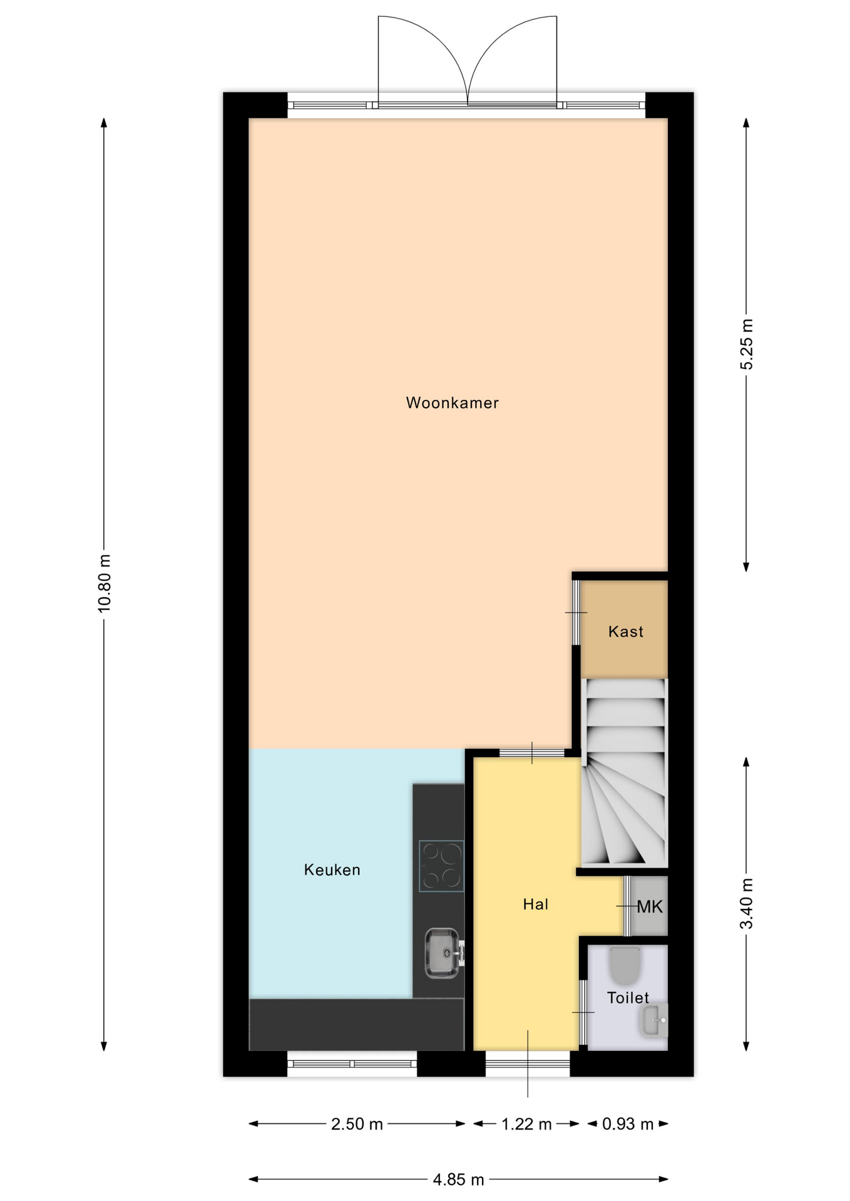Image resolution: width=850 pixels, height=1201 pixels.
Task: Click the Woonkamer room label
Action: pos(452,403)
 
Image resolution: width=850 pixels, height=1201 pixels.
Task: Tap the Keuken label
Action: pos(332,869)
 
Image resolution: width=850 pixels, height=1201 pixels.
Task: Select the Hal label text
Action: pos(535,904)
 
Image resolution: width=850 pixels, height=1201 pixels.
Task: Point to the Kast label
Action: pos(625,632)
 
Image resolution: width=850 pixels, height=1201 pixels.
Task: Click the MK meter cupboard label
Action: pos(649,906)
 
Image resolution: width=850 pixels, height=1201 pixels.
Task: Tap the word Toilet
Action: pos(628,998)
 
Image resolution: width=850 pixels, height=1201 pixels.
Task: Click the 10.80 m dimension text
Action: pos(105,583)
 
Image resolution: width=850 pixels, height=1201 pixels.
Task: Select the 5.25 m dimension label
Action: pos(747,344)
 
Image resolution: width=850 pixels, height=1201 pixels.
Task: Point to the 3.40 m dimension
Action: pos(747,904)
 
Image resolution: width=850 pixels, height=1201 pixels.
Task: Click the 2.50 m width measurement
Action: pos(357,1124)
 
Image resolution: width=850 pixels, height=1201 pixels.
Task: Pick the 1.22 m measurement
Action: pos(526,1124)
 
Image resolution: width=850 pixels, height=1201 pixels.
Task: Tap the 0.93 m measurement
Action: pos(628,1124)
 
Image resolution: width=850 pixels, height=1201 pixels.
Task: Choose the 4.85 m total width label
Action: pos(459,1180)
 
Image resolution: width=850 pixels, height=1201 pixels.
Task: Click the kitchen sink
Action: pos(444,953)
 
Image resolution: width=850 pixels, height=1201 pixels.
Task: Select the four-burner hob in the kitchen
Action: pos(441,866)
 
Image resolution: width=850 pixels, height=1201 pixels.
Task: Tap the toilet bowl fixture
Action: pos(624,965)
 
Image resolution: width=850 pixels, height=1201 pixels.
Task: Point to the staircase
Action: pos(625,773)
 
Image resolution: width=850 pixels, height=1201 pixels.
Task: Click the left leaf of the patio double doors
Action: pos(423,60)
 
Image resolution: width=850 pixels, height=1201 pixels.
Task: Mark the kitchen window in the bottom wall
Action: pos(352,1063)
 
